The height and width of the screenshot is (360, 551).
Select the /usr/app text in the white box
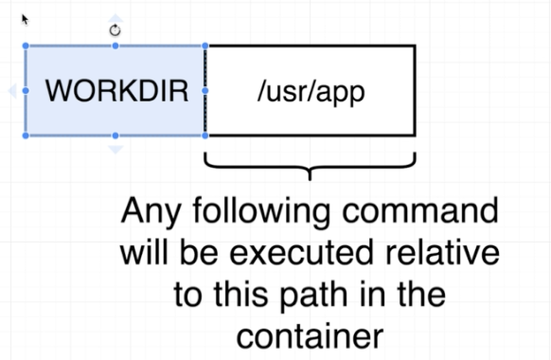click(x=311, y=92)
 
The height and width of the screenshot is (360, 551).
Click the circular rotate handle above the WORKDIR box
click(x=116, y=30)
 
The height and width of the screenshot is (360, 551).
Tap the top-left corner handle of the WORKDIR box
click(x=25, y=45)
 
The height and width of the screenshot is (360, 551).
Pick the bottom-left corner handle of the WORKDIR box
click(x=25, y=135)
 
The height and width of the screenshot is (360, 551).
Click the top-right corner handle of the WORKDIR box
click(x=205, y=45)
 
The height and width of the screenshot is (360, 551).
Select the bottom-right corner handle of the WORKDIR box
click(x=205, y=135)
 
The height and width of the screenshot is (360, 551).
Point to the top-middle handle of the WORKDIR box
click(x=116, y=45)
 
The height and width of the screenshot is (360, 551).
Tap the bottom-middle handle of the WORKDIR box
click(x=116, y=135)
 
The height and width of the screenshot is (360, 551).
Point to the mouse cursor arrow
click(x=25, y=18)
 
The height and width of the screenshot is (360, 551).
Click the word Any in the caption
click(x=157, y=210)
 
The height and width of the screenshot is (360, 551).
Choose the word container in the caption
click(x=310, y=335)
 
